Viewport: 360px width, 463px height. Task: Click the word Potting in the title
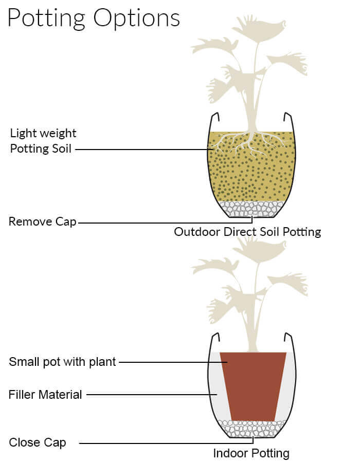46,18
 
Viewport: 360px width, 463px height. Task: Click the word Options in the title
137,18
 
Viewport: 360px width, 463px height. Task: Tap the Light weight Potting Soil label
43,141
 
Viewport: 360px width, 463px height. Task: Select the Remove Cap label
43,222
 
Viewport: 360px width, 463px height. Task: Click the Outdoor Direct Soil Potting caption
247,232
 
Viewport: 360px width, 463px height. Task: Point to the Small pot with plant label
62,362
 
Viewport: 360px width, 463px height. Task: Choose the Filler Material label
45,395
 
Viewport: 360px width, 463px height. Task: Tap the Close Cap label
38,442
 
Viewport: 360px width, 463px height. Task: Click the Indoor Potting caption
251,453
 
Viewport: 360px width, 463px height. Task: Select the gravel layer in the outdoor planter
252,209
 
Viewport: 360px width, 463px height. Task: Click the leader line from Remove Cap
166,223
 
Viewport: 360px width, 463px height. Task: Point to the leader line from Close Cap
167,443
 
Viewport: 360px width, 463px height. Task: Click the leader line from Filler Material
152,395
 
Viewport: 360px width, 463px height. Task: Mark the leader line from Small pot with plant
173,362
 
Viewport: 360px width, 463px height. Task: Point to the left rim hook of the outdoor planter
215,117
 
